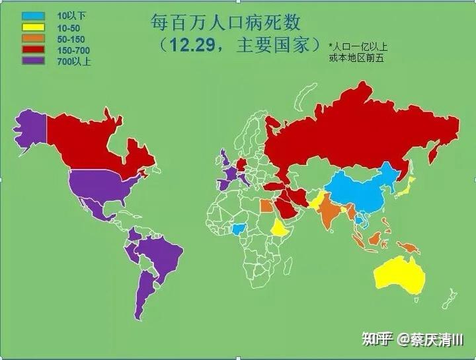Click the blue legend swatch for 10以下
tap(33, 15)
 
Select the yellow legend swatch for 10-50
tap(33, 27)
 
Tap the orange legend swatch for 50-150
tap(33, 39)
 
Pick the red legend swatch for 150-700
tap(33, 51)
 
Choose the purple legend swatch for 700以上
tap(33, 63)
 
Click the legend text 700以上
tap(74, 63)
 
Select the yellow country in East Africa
tap(281, 228)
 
